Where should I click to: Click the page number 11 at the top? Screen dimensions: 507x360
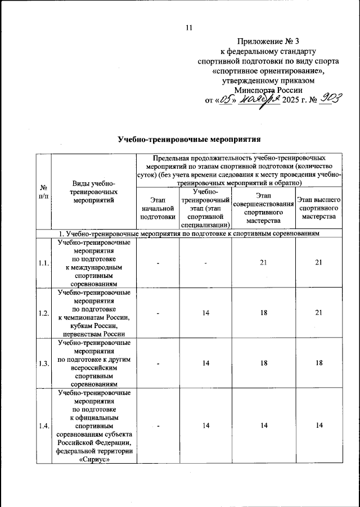coord(188,28)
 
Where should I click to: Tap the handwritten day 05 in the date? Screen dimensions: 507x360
coord(226,100)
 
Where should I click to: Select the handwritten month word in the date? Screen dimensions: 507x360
coord(258,100)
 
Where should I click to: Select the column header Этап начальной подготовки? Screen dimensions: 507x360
coord(159,208)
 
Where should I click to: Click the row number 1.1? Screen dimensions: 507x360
coord(43,262)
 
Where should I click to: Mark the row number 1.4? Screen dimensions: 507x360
coord(43,425)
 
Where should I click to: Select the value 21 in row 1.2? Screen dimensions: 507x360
coord(319,313)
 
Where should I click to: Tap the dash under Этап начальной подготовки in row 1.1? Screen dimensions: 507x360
coord(159,263)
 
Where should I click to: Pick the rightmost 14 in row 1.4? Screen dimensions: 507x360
coord(319,425)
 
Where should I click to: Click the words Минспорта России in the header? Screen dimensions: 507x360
coord(269,89)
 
